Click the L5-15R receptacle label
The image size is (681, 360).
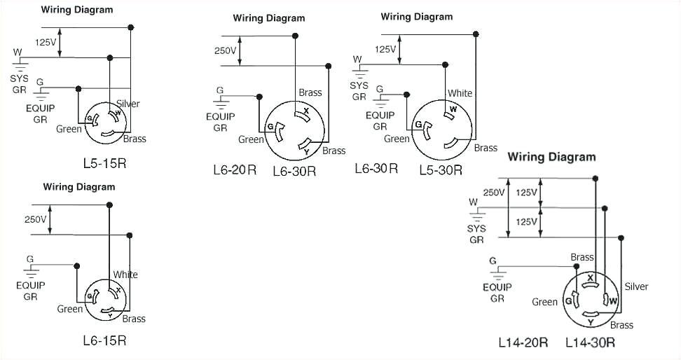click(104, 163)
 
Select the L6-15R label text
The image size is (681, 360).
click(104, 340)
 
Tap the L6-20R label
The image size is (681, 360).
click(235, 169)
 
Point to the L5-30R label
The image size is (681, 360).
click(441, 169)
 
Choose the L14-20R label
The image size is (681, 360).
click(523, 342)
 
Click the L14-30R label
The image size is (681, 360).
click(591, 342)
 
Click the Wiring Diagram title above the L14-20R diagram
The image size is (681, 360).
click(551, 157)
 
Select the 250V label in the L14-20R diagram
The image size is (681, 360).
click(493, 193)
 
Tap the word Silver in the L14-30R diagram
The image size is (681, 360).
click(636, 286)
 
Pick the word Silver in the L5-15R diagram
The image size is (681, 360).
click(128, 104)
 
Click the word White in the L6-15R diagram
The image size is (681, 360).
click(125, 275)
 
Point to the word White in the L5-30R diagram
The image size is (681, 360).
click(460, 93)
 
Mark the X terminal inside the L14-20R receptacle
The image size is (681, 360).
click(591, 278)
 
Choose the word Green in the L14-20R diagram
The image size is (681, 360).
click(544, 302)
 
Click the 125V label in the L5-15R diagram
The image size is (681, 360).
click(46, 42)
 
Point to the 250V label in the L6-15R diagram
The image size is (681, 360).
click(35, 219)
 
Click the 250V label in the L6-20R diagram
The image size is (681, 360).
click(226, 50)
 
